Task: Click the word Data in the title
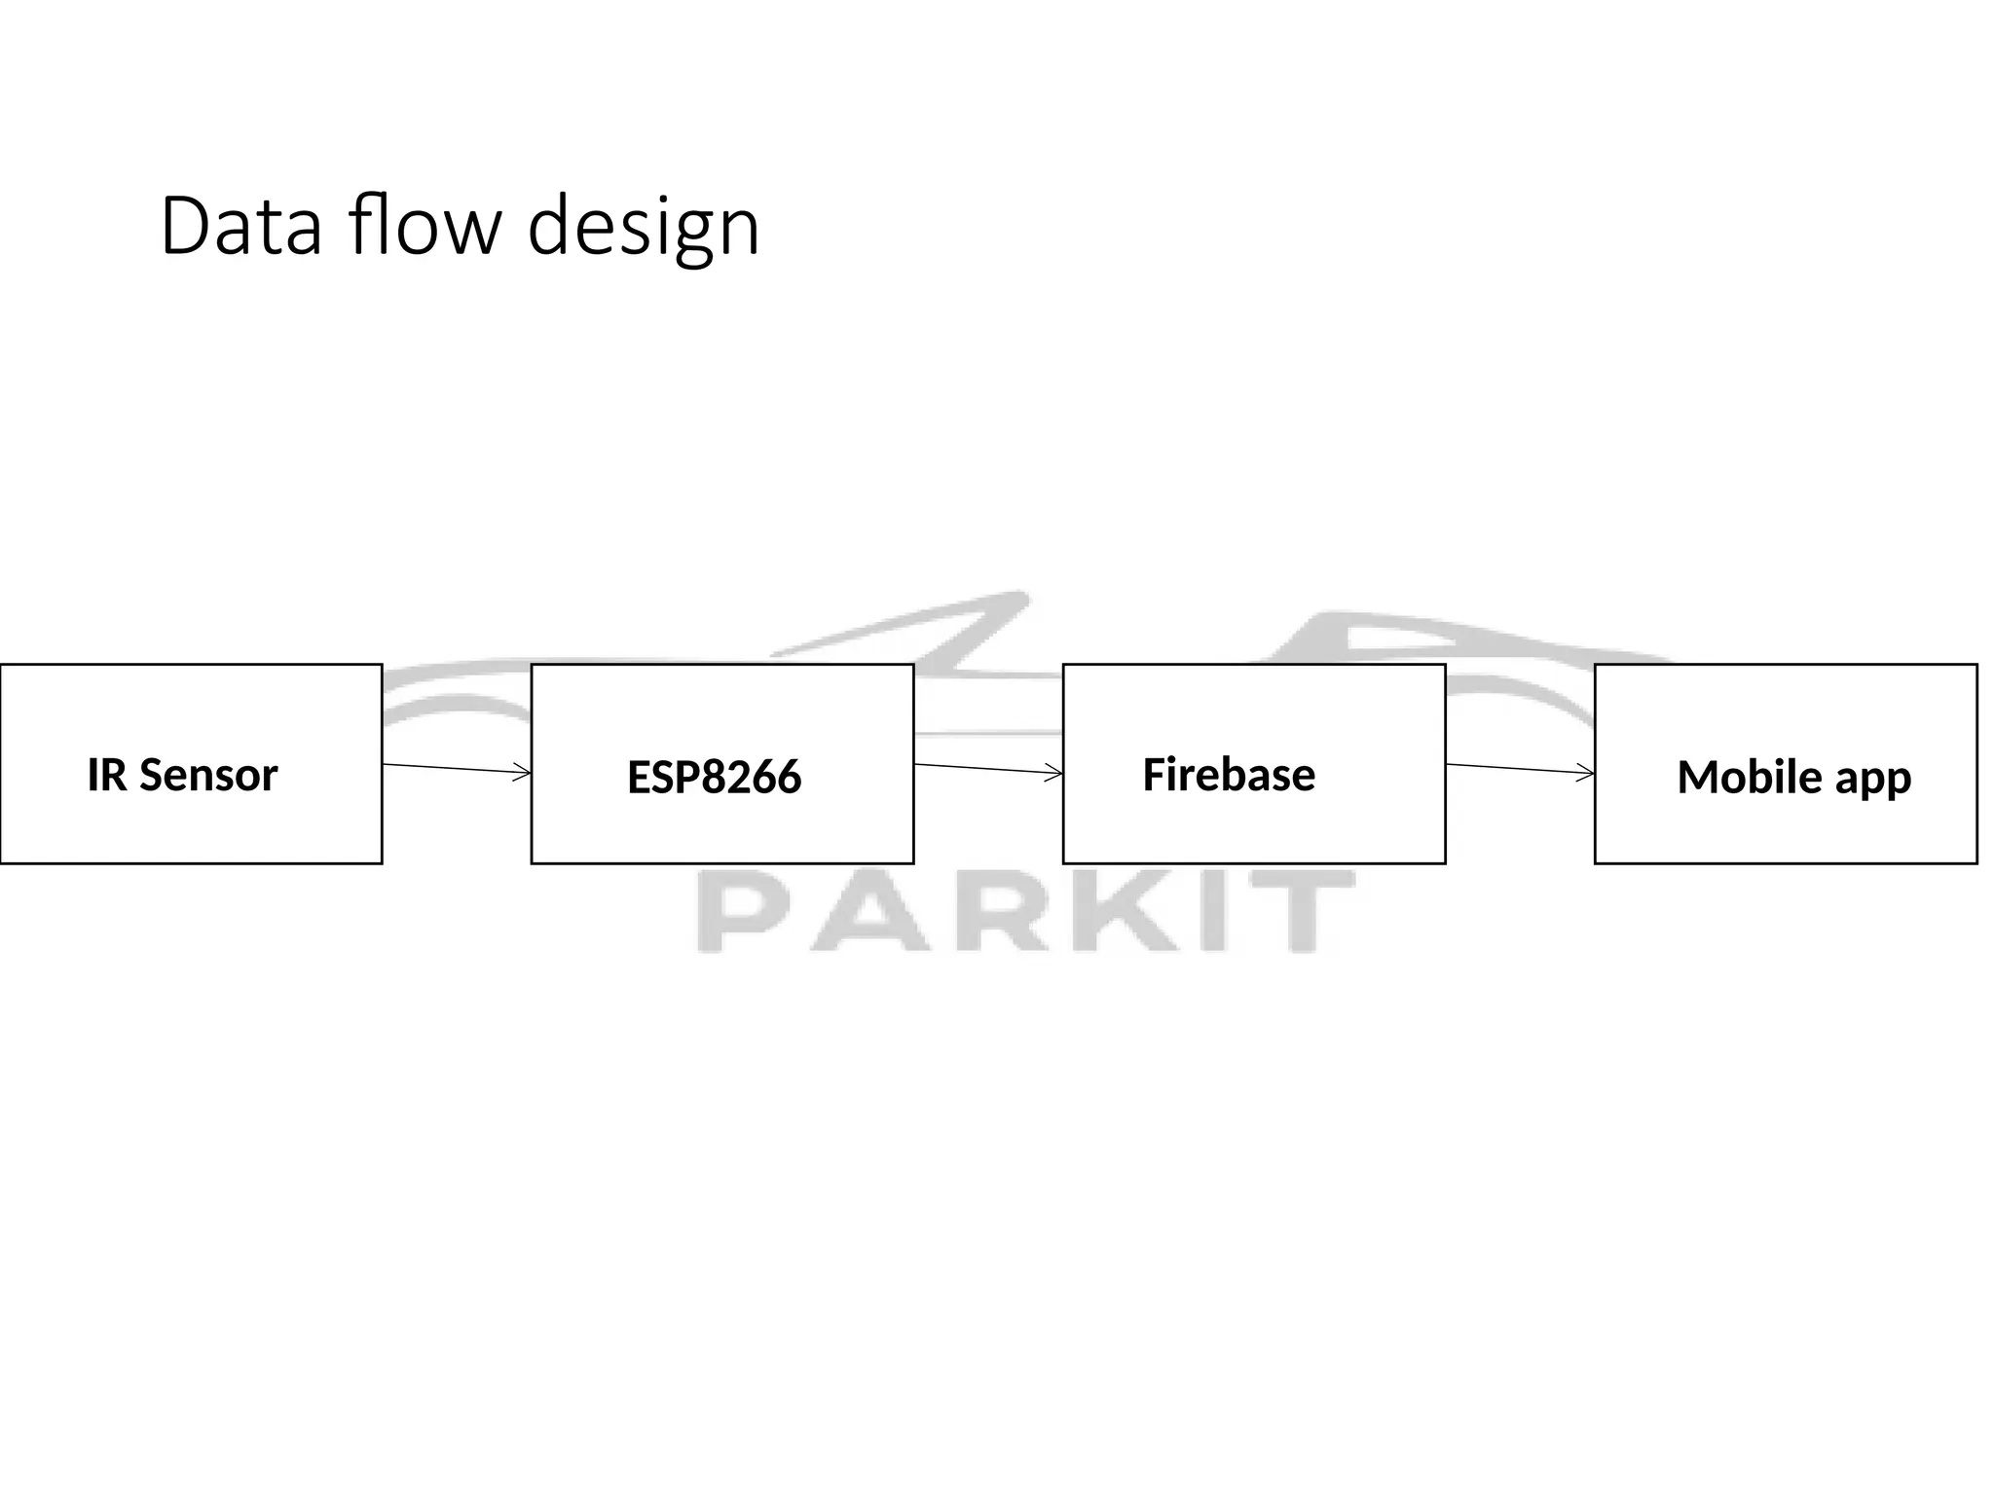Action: (x=240, y=227)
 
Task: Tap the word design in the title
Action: (x=643, y=229)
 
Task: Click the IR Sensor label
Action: (x=182, y=775)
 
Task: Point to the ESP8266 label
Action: (x=714, y=777)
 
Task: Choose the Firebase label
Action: (x=1229, y=775)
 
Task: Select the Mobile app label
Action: (x=1793, y=777)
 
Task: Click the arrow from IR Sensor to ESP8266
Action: (x=456, y=769)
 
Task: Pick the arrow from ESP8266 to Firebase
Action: (x=987, y=769)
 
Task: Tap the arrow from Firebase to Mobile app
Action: (x=1519, y=769)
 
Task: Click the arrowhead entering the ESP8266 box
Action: (x=523, y=773)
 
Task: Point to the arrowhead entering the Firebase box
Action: (x=1054, y=773)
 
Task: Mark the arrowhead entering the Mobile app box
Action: (x=1586, y=773)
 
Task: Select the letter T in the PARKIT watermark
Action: (x=1300, y=913)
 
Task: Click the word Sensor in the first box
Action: (x=208, y=775)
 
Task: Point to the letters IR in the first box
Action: (x=107, y=775)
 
